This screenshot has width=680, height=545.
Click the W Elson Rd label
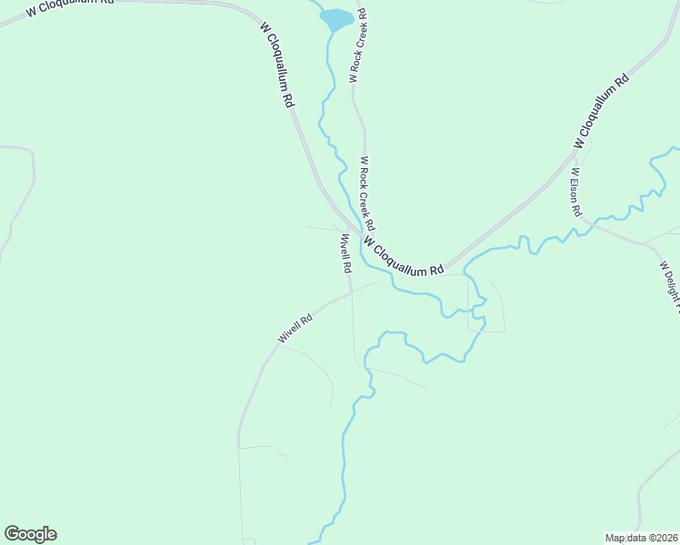(x=575, y=191)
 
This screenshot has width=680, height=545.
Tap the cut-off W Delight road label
(x=669, y=285)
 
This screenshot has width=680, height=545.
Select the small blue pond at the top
(x=335, y=18)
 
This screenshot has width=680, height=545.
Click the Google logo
(x=30, y=534)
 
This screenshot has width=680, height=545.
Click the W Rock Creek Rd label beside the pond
(x=357, y=47)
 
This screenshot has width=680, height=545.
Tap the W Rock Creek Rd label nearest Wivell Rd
(x=367, y=193)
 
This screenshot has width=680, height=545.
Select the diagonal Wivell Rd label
(x=295, y=329)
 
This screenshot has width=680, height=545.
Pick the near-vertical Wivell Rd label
(x=345, y=254)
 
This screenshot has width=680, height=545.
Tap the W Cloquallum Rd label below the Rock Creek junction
(x=403, y=257)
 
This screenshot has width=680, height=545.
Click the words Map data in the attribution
(x=626, y=538)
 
